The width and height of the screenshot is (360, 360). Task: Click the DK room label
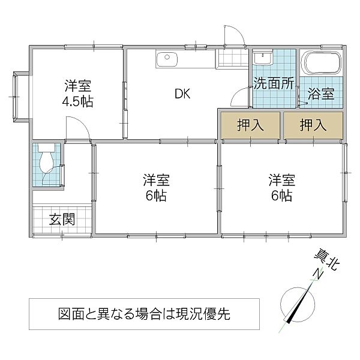pos(182,94)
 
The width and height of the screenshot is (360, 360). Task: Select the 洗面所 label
pos(273,83)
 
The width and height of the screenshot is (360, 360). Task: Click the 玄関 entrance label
pos(62,220)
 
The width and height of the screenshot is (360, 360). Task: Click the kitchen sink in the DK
pos(166,59)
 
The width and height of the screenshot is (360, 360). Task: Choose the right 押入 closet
pos(313,126)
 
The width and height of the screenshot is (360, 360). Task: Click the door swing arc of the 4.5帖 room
pos(76,127)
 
